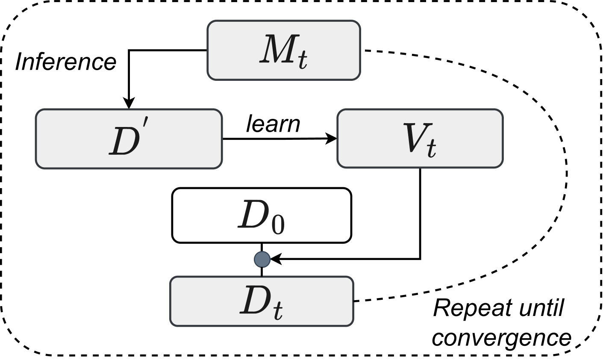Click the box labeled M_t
coord(284,50)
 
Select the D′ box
coord(129,139)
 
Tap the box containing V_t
coord(420,139)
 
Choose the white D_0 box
coord(262,215)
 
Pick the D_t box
coord(262,301)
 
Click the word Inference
coord(66,62)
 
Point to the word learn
coord(273,124)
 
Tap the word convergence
coord(501,338)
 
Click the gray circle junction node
coord(262,259)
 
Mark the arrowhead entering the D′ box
coord(129,104)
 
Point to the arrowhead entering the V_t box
coord(331,139)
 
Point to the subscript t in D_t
coord(277,311)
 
